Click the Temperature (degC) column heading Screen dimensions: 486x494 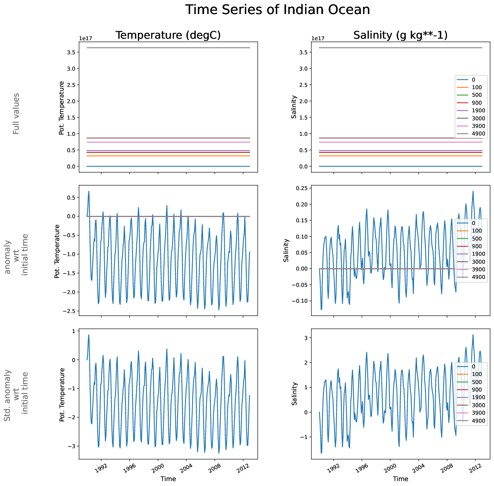(x=168, y=35)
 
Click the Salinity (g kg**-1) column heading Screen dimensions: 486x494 (x=400, y=35)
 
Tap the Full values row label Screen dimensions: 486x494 (x=16, y=114)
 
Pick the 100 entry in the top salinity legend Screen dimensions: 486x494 (x=477, y=87)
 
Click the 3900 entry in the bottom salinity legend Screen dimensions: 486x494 (x=478, y=413)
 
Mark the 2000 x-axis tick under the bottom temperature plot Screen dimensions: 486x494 (x=158, y=467)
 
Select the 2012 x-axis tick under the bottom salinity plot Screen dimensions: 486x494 (x=475, y=467)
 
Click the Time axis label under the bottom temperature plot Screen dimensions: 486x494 (x=168, y=479)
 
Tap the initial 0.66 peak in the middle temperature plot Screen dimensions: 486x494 (x=89, y=192)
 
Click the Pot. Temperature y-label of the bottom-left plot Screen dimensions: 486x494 (x=62, y=395)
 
